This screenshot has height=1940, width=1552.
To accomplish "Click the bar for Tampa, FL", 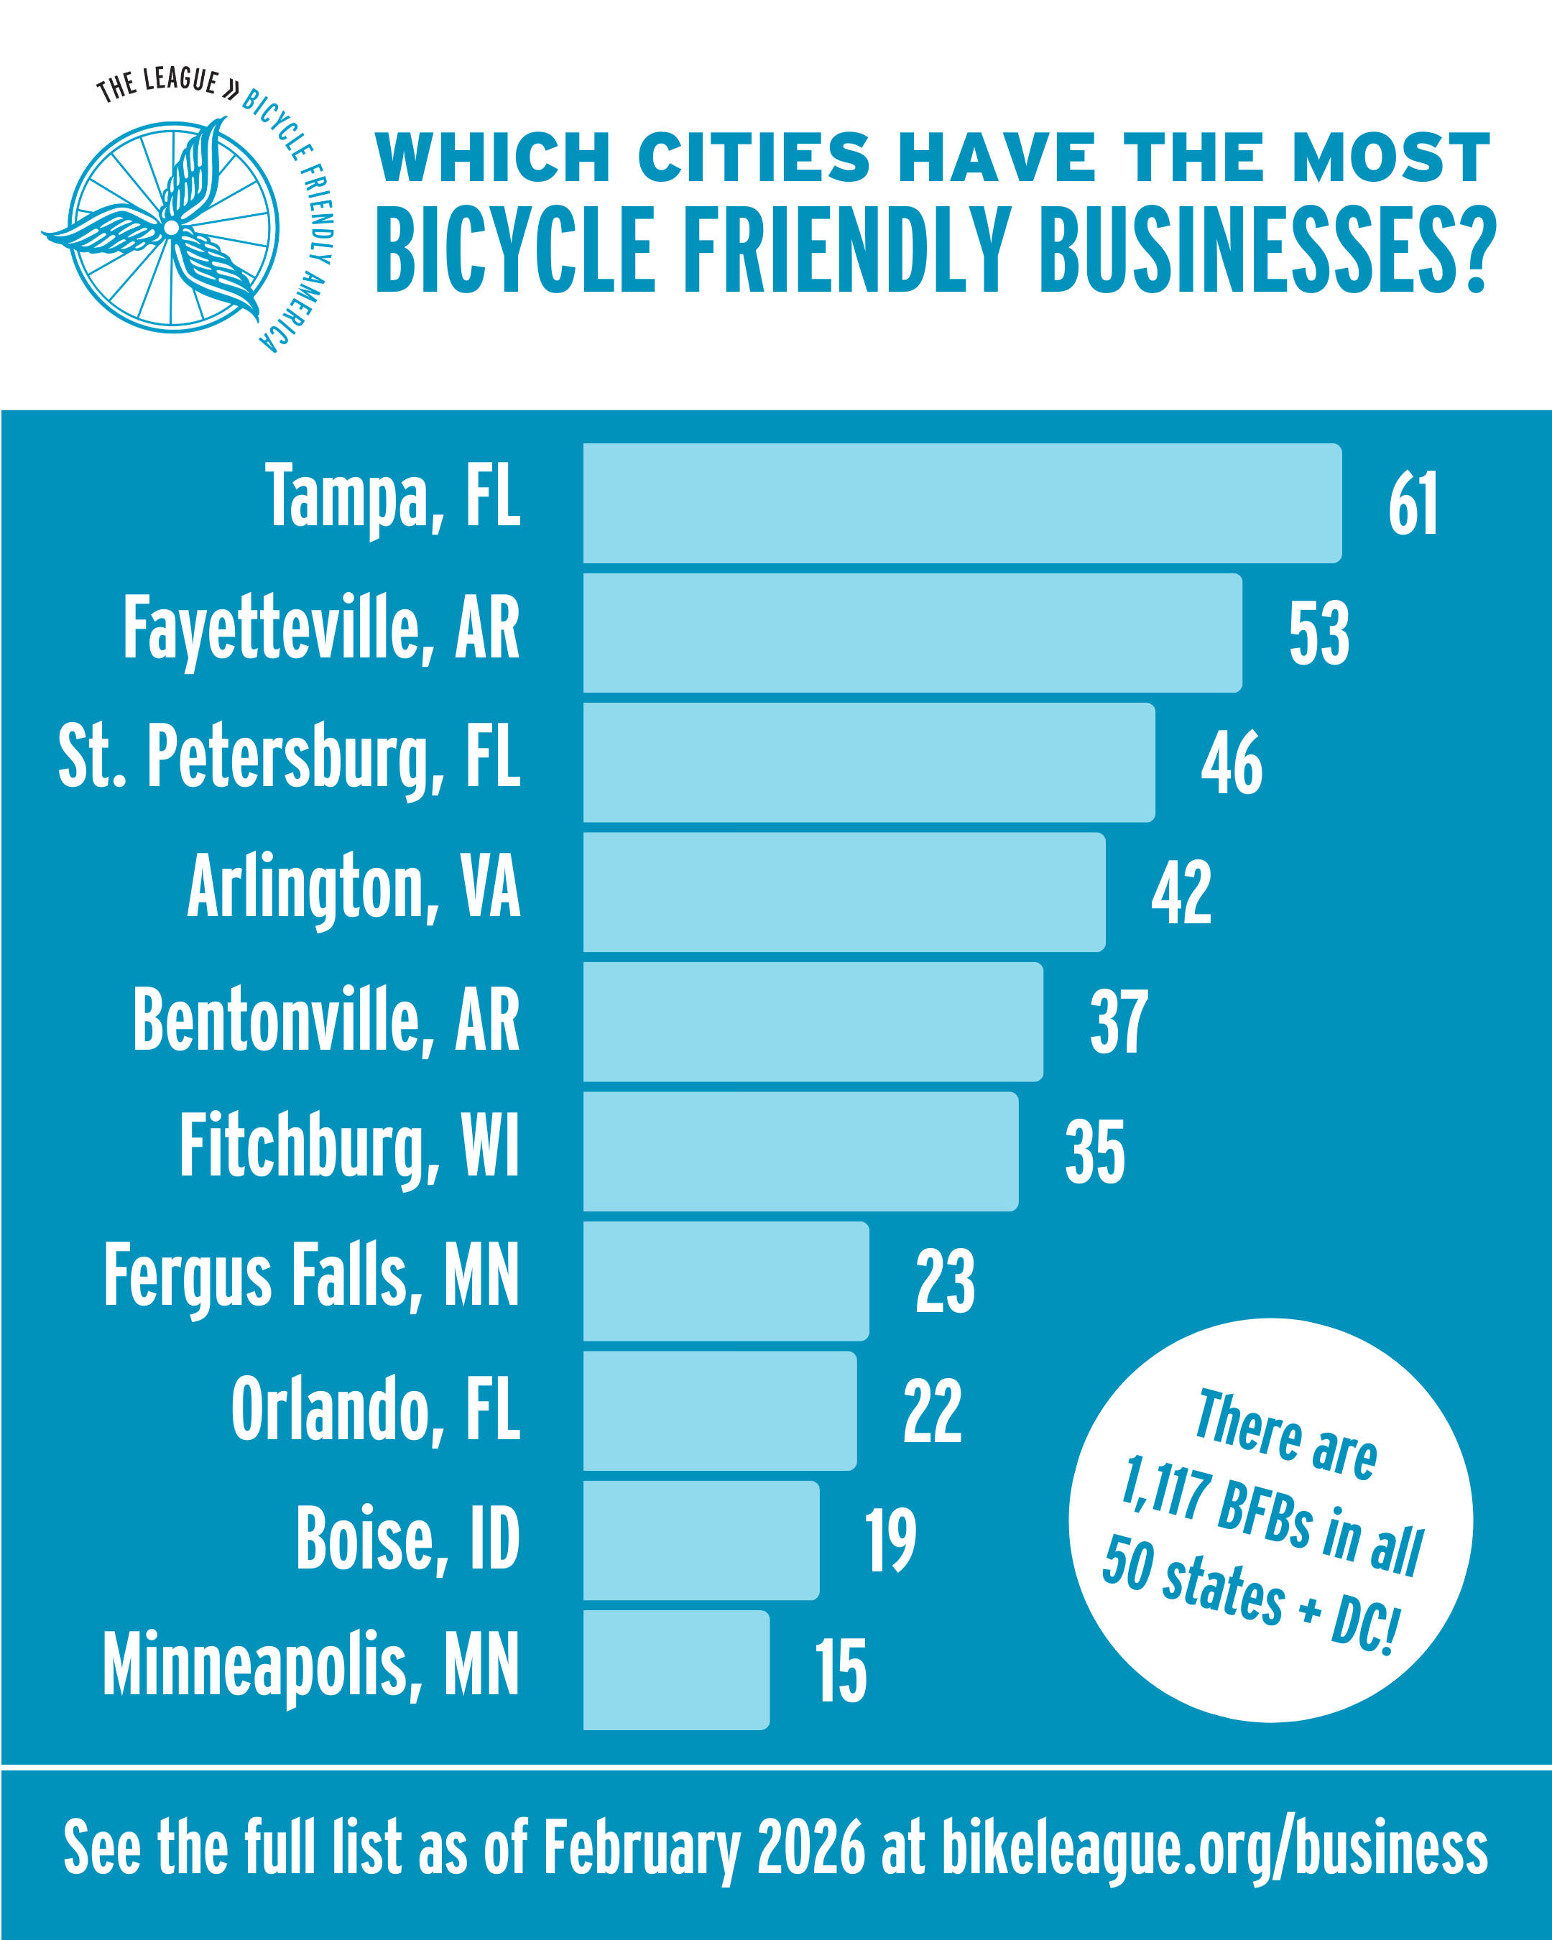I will pyautogui.click(x=962, y=503).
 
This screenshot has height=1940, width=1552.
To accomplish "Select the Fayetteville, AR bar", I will pyautogui.click(x=913, y=632).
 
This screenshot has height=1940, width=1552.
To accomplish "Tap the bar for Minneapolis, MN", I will pyautogui.click(x=675, y=1670).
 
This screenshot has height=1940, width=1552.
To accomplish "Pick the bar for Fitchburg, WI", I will pyautogui.click(x=800, y=1151).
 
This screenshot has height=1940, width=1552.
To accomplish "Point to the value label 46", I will pyautogui.click(x=1232, y=763).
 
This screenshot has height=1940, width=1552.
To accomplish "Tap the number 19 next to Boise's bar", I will pyautogui.click(x=891, y=1541).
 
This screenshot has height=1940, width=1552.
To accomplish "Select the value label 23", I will pyautogui.click(x=945, y=1281).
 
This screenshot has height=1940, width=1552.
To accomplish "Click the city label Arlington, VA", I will pyautogui.click(x=354, y=887).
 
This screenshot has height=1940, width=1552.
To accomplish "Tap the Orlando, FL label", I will pyautogui.click(x=375, y=1409).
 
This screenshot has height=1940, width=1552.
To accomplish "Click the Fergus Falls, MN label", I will pyautogui.click(x=311, y=1276).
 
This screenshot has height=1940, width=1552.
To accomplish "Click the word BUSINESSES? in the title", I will pyautogui.click(x=1267, y=250).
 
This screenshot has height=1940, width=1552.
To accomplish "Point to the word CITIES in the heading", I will pyautogui.click(x=754, y=157).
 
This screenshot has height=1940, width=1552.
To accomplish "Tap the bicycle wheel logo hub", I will pyautogui.click(x=171, y=228).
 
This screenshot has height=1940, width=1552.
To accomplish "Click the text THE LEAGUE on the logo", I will pyautogui.click(x=157, y=83).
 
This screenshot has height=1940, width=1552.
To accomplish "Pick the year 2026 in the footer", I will pyautogui.click(x=810, y=1847).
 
